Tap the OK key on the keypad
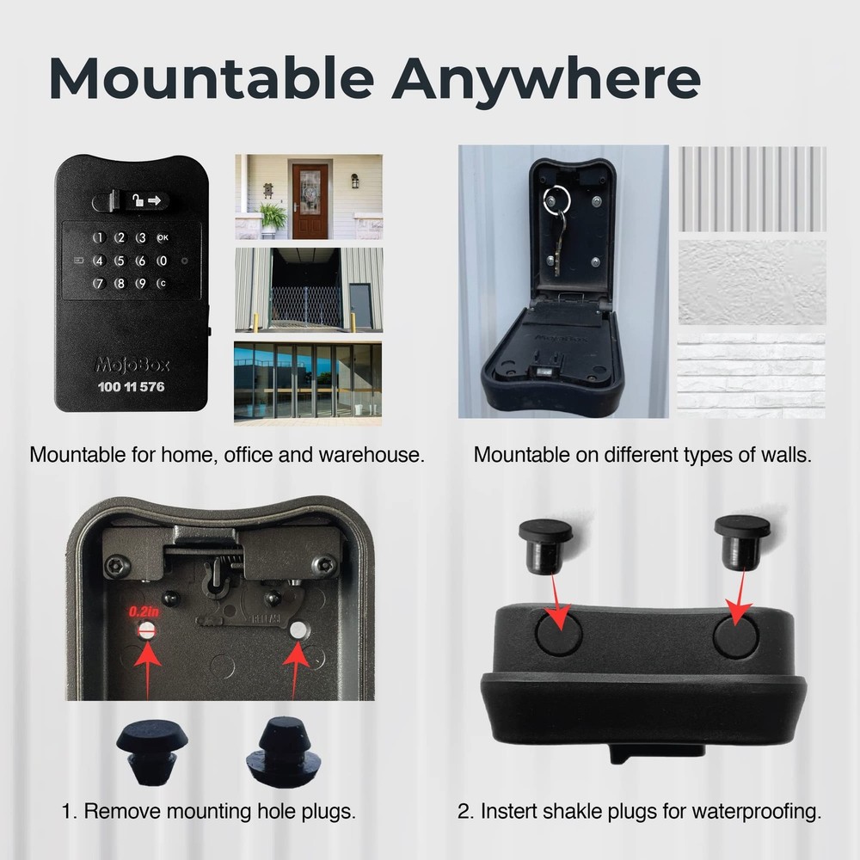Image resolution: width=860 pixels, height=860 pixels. pyautogui.click(x=163, y=238)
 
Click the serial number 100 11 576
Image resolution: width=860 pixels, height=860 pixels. pyautogui.click(x=132, y=387)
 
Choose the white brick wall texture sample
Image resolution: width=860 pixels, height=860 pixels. pyautogui.click(x=752, y=376)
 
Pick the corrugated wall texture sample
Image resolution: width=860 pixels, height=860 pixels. pyautogui.click(x=752, y=188)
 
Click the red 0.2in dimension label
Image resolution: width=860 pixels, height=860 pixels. pyautogui.click(x=144, y=611)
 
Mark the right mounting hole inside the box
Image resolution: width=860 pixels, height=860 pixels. pyautogui.click(x=298, y=630)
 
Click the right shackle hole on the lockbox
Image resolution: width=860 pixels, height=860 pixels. pyautogui.click(x=736, y=636)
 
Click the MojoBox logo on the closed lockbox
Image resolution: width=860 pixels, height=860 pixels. pyautogui.click(x=132, y=365)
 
